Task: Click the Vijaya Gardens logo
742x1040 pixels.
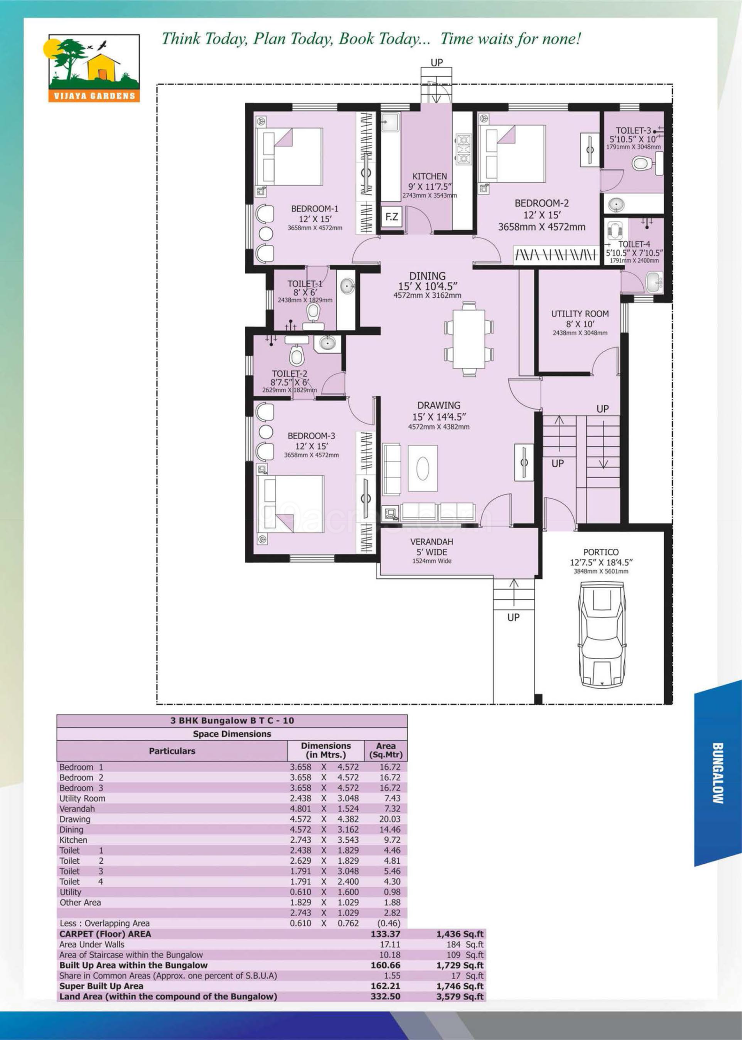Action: click(x=94, y=68)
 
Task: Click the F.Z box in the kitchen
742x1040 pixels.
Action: click(x=391, y=217)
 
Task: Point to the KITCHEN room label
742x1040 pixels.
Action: click(x=430, y=176)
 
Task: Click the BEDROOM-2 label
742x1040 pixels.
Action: click(x=541, y=203)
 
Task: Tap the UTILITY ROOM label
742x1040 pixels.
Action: click(x=580, y=314)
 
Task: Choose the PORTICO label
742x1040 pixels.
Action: click(x=601, y=552)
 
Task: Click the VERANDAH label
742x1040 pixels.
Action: click(x=432, y=541)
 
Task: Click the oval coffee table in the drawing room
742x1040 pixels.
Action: click(x=422, y=468)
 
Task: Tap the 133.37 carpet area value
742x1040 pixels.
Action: click(x=385, y=934)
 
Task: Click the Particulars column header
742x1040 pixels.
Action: click(x=172, y=751)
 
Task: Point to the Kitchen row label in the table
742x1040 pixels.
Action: click(x=73, y=840)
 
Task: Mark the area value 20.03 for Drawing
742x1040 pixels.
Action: click(x=390, y=819)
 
